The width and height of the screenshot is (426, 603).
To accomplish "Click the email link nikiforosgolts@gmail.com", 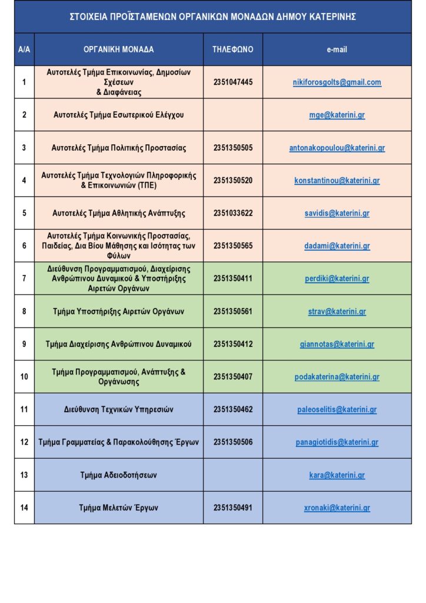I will pos(337,82).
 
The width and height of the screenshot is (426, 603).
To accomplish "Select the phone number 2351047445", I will pos(233,82).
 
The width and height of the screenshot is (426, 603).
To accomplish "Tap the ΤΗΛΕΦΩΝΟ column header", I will pos(233,49).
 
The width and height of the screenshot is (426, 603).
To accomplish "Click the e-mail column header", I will pos(337,49).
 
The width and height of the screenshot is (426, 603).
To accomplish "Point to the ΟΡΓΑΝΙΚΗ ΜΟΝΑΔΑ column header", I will pos(119,49).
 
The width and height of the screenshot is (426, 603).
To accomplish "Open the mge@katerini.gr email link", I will pos(337,115).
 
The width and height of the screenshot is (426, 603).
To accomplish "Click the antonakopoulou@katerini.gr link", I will pos(337,148).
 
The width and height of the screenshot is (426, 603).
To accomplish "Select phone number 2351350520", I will pos(233,181).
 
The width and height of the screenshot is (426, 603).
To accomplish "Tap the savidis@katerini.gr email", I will pos(337,213).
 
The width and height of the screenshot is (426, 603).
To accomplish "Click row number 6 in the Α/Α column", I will pos(24,246).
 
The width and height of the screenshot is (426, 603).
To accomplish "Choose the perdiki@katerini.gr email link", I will pos(337,279).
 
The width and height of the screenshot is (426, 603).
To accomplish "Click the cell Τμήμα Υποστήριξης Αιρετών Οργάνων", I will pos(119,312).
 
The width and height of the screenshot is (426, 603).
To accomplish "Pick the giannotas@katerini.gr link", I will pos(337,344).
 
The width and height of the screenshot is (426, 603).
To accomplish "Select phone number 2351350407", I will pos(233,377).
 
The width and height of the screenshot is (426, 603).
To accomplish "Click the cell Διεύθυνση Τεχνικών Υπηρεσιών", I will pos(119,409).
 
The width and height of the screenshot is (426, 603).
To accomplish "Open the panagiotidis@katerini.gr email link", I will pos(337,442).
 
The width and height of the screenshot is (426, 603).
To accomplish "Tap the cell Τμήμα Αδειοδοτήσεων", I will pos(119,475).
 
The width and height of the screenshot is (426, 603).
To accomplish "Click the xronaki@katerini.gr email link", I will pos(337,508).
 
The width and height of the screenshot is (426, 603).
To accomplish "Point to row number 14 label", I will pos(24,508).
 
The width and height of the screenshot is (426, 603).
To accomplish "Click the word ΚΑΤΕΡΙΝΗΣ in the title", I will pos(330,16).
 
